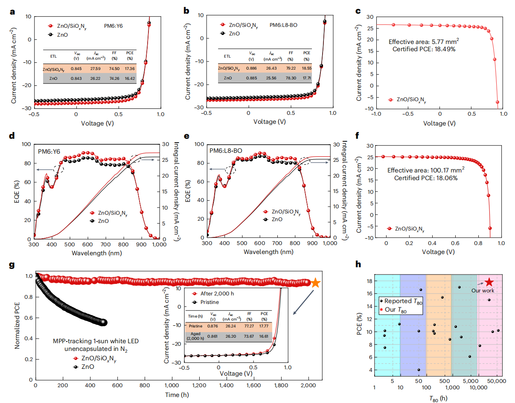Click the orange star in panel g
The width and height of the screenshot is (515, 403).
pos(315,283)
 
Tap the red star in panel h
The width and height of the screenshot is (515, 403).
pos(489,282)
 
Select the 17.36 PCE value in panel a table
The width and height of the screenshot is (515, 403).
pos(130,68)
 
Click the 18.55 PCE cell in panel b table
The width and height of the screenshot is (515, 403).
pos(305,68)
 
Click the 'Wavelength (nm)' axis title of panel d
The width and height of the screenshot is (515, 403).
pos(87,251)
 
